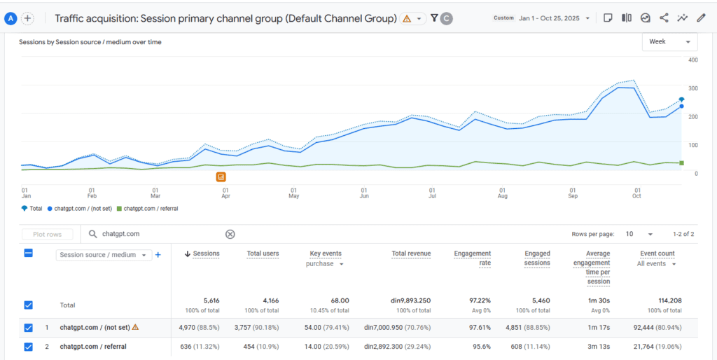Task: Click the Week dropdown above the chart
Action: [x=669, y=42]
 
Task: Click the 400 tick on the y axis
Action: [x=693, y=60]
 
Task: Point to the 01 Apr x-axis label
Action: [x=225, y=193]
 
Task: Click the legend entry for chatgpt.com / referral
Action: [x=149, y=209]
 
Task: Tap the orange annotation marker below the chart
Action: [x=221, y=177]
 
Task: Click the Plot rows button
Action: [x=47, y=235]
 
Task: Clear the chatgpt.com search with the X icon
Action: [x=230, y=235]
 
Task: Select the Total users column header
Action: [x=263, y=254]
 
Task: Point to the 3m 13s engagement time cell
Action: [x=598, y=346]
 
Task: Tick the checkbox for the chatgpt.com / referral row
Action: [x=29, y=346]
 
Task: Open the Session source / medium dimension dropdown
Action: [x=104, y=256]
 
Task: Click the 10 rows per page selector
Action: [x=639, y=235]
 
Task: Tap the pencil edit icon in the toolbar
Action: [x=701, y=18]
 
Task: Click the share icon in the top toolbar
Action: [x=664, y=18]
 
